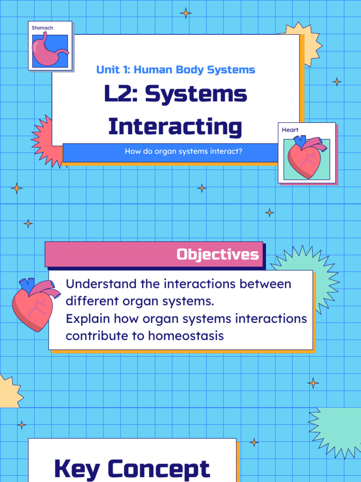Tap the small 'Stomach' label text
click(x=42, y=28)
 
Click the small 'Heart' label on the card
click(x=290, y=130)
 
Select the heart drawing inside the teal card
click(x=306, y=157)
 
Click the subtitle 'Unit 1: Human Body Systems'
click(x=175, y=70)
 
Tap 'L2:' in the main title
click(x=121, y=95)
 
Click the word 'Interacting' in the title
click(x=175, y=127)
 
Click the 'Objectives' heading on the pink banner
click(x=217, y=255)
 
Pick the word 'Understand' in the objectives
click(x=96, y=284)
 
